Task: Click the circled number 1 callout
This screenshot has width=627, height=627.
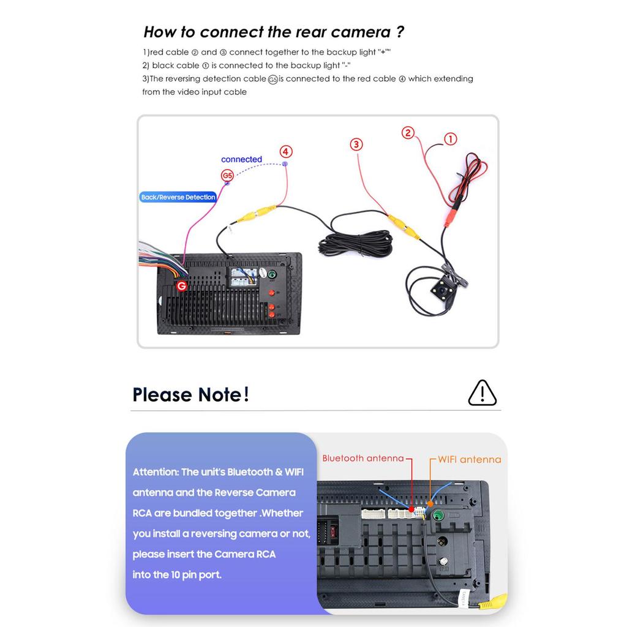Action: (450, 139)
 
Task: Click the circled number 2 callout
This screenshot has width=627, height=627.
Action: (408, 132)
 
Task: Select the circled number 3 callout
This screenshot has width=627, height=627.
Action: (356, 145)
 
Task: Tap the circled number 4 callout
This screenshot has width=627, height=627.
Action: (285, 151)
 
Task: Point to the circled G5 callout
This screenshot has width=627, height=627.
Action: (227, 176)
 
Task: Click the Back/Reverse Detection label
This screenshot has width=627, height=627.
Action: (178, 197)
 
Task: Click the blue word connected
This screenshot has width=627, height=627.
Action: (241, 159)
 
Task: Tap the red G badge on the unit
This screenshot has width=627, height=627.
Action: (181, 286)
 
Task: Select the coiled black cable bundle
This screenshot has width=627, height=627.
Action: (355, 243)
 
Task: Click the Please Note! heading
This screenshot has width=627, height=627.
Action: (190, 394)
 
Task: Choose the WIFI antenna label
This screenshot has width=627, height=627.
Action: (469, 459)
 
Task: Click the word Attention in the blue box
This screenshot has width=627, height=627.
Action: (156, 472)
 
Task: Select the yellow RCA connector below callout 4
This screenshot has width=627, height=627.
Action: (257, 214)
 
